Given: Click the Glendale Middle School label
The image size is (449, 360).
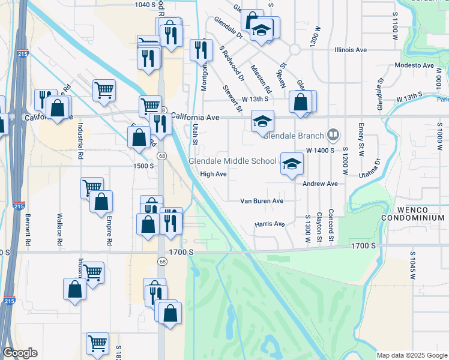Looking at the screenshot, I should click(232, 161).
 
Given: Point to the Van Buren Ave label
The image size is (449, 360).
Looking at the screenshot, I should click(262, 201).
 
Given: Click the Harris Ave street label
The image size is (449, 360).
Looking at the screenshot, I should click(270, 224).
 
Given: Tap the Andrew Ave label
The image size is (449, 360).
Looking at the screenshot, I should click(320, 184).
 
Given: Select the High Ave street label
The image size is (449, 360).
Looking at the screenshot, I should click(213, 174).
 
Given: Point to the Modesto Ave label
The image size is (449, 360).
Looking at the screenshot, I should click(414, 65).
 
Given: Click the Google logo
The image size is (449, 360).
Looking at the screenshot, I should click(20, 353).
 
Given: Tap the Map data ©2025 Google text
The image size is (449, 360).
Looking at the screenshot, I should click(412, 355).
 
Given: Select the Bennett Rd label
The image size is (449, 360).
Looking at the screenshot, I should click(28, 229).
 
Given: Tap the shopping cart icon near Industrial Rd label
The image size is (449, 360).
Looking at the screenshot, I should click(104, 90).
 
